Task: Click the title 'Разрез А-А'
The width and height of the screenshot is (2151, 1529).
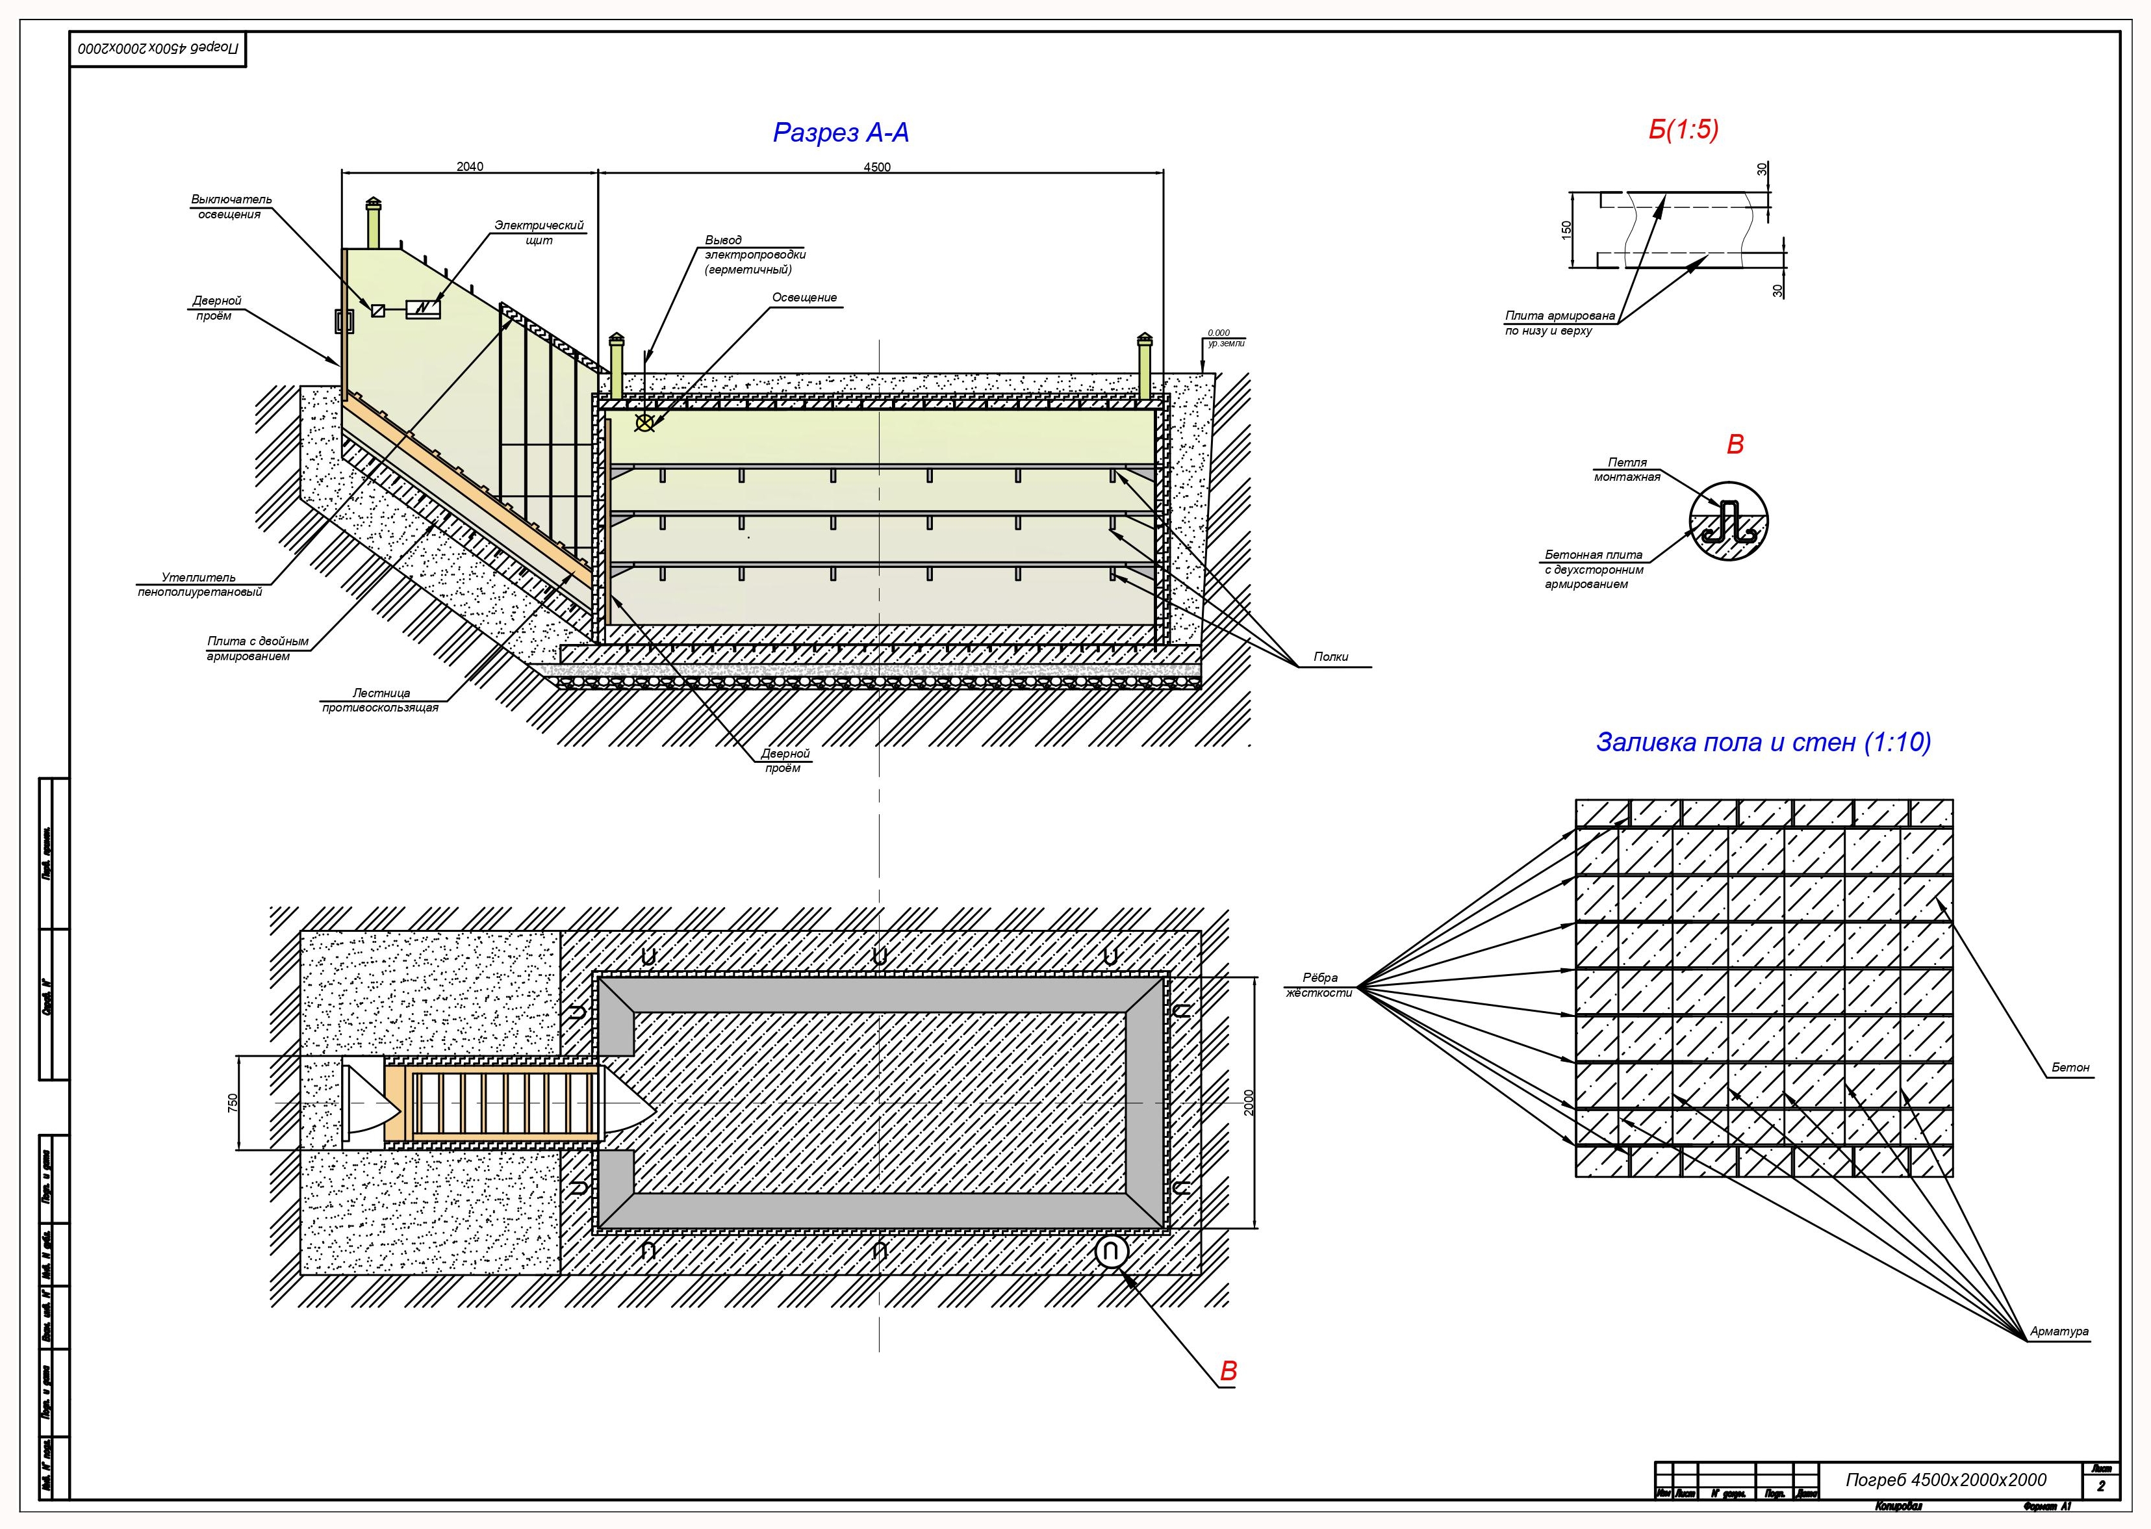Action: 841,133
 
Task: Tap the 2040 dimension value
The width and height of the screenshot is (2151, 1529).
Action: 470,166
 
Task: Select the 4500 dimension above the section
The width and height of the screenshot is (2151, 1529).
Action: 876,168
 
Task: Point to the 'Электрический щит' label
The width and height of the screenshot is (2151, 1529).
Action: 539,233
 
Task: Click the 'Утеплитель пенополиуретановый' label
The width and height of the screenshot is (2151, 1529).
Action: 199,585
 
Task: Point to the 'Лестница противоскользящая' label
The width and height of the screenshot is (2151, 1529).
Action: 380,700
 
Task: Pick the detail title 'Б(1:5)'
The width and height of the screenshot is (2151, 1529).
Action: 1683,130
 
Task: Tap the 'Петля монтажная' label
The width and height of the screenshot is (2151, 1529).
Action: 1627,470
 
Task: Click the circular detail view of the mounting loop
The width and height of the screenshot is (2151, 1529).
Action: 1728,522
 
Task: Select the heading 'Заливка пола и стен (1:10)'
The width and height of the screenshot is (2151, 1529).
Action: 1763,742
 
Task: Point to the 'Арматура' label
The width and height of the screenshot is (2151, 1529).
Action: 2059,1331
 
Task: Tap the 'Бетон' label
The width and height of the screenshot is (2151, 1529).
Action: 2070,1068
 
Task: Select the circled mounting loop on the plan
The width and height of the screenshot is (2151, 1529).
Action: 1111,1252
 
